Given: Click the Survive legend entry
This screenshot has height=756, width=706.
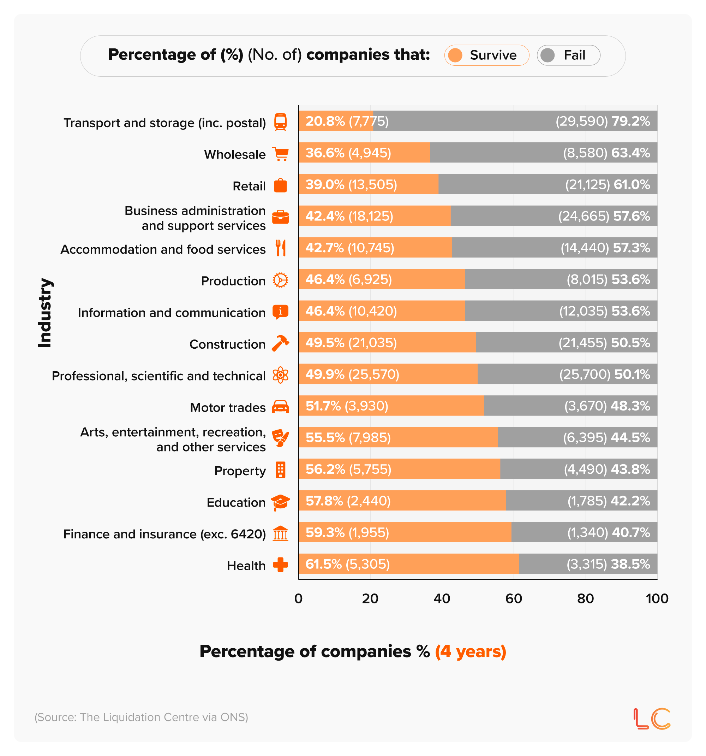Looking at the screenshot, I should [486, 55].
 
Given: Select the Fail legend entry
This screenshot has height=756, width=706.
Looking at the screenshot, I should [568, 55].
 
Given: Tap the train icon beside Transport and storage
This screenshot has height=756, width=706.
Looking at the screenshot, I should [280, 122].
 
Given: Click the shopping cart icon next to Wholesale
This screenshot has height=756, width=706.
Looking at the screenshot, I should [280, 154].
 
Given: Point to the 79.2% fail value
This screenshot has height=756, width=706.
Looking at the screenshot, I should [631, 121].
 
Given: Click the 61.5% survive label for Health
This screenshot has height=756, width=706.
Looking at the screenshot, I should [323, 564].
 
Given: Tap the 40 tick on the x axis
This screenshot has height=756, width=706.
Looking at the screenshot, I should [442, 598].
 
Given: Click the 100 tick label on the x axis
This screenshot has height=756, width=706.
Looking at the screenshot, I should [657, 598].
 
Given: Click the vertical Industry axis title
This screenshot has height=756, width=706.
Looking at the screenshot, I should [44, 313].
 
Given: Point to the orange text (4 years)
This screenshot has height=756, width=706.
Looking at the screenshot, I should [471, 651].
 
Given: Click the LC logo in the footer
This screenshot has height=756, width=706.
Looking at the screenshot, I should [652, 719].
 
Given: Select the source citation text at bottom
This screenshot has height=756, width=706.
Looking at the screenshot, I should [141, 717].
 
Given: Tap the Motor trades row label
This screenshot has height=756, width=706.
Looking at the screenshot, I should [228, 408].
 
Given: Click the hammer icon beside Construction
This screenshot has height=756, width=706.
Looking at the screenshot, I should [280, 343].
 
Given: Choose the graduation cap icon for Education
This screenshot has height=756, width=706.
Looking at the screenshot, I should [280, 502].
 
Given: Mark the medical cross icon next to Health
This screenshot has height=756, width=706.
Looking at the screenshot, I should [280, 565].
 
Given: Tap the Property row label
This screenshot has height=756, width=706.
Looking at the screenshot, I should [240, 471].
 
